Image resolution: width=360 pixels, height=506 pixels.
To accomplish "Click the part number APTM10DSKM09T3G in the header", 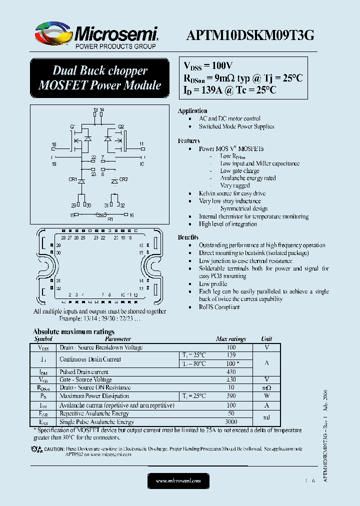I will point(250,34).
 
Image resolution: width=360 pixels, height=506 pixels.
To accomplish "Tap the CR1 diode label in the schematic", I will point(72,179).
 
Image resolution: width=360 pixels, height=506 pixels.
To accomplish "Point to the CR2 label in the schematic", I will point(123,179).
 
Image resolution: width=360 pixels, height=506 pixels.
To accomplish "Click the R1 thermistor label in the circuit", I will point(110,219).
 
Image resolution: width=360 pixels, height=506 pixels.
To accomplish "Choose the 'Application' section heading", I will point(192,111).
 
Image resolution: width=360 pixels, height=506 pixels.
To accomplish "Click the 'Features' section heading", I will point(189,141).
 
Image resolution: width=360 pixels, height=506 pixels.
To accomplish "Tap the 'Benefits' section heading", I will point(189,237).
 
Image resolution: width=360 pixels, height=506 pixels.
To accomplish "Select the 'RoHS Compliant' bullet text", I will point(219,307).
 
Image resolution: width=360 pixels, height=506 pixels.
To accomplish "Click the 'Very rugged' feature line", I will point(235,185).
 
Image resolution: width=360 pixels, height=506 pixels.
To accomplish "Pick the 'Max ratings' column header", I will point(231,339).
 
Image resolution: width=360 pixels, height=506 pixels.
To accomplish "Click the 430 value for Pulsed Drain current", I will point(231,372).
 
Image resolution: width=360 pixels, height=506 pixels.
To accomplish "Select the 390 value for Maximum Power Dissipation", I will point(231,396).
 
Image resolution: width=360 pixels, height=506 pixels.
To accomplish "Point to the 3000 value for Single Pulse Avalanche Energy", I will point(231,422).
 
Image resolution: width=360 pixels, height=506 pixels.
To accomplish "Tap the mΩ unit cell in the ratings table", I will point(266,387).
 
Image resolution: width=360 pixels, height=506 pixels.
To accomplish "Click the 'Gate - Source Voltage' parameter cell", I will point(85,380).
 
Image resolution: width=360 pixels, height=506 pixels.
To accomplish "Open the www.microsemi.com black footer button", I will point(178,481).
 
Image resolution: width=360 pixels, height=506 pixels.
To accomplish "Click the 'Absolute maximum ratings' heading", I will point(73,331).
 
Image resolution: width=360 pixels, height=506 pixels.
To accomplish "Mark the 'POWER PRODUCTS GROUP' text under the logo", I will point(115,46).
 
